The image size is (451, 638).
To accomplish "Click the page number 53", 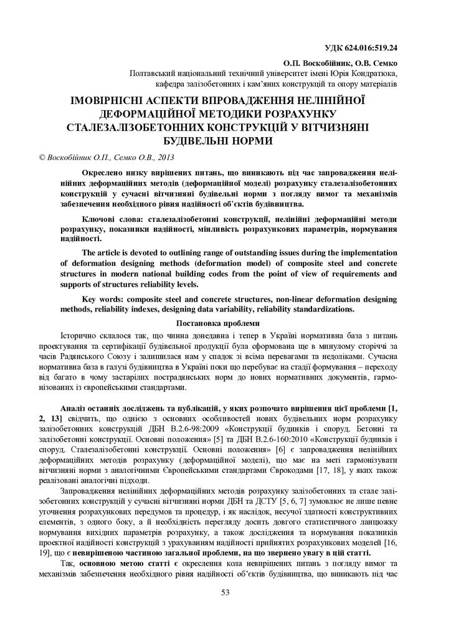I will pos(225,591).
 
